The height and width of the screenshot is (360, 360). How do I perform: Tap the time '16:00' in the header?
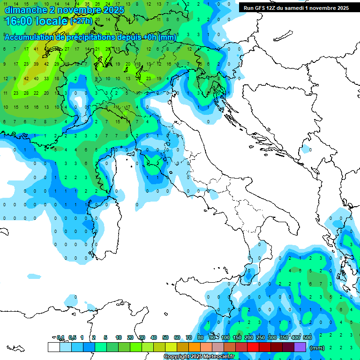(19, 21)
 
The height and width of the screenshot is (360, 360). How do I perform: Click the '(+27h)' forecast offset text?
(81, 21)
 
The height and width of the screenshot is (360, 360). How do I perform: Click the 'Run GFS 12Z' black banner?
(296, 8)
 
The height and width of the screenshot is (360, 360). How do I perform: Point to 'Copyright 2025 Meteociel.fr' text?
(199, 357)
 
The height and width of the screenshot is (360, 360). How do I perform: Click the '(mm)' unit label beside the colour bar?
(317, 348)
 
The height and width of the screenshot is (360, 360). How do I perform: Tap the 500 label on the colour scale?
(307, 337)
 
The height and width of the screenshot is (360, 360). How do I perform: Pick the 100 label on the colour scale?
(225, 337)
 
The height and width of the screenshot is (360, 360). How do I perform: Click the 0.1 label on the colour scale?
(60, 337)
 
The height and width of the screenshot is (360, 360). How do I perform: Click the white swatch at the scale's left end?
(53, 347)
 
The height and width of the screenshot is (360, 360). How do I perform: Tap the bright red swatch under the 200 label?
(253, 347)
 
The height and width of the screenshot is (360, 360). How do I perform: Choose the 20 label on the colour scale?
(130, 337)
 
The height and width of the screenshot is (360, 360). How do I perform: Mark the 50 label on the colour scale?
(165, 337)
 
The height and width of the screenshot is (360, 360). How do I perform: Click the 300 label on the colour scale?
(272, 337)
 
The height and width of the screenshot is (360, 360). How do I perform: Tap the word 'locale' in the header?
(52, 21)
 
